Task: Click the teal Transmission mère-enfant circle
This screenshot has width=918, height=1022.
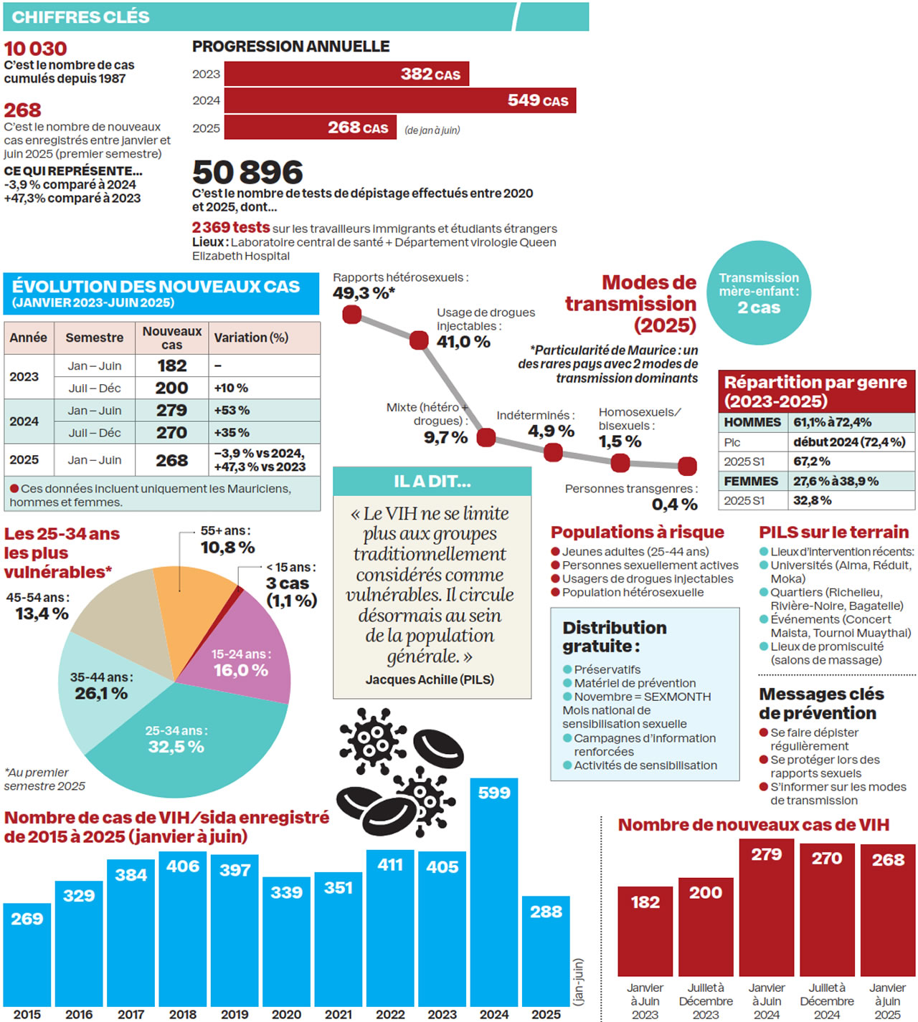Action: point(759,293)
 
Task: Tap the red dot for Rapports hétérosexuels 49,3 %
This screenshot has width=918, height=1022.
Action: point(352,315)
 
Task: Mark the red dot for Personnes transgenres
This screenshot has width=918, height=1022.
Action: point(687,467)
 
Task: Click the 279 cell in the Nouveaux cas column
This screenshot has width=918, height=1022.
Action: point(172,411)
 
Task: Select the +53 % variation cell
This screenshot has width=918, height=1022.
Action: point(232,411)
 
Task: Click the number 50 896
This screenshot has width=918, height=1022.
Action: point(248,173)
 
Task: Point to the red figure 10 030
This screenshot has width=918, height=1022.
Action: point(36,49)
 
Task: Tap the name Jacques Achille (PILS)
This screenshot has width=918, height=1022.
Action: point(430,679)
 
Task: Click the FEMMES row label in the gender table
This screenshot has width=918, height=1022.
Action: point(751,481)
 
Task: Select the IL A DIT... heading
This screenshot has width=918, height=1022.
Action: point(432,482)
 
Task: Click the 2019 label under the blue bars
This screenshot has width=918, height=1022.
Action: point(235,1014)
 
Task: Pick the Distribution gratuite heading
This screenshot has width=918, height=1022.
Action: point(615,636)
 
